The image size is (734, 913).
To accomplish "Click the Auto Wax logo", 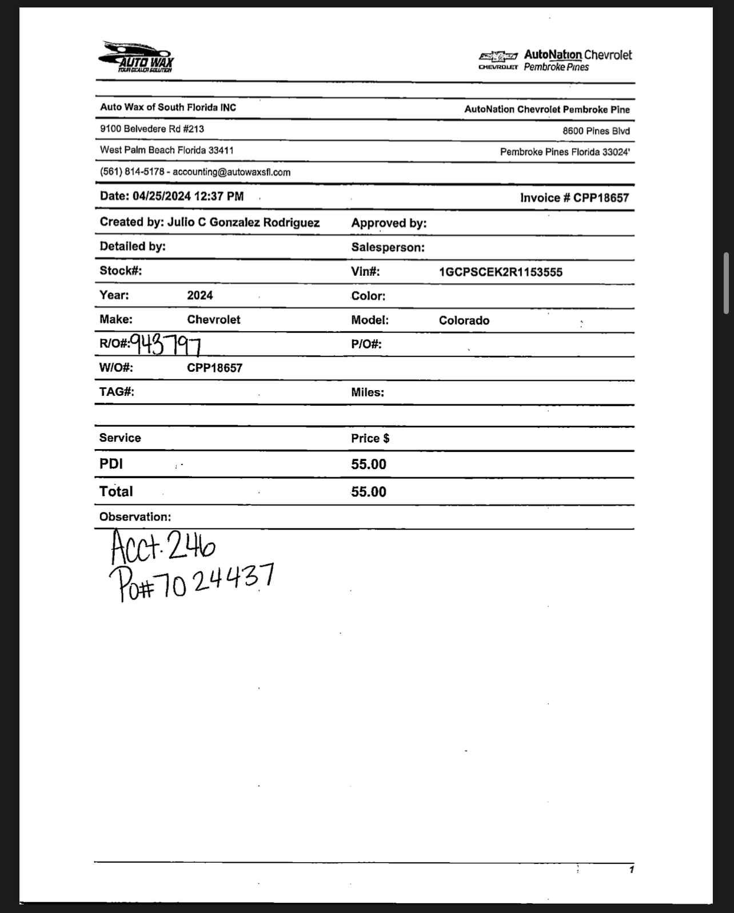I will click(x=137, y=57).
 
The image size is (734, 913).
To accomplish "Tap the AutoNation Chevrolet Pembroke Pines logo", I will click(x=555, y=60).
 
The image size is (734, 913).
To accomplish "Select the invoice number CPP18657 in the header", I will click(x=601, y=198).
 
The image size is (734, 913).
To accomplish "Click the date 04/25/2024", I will click(x=162, y=196).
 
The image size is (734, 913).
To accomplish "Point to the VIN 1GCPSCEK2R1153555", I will click(x=500, y=272).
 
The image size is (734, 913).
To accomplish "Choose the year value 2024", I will click(x=200, y=296).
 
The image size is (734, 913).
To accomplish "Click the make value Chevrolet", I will click(x=213, y=320).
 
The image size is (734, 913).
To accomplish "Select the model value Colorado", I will click(x=464, y=321).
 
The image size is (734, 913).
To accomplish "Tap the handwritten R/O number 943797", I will click(x=166, y=344).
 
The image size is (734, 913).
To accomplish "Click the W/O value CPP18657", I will click(x=214, y=368).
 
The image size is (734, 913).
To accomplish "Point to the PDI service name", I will click(x=111, y=464).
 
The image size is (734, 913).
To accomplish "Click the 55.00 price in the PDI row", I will click(x=369, y=465).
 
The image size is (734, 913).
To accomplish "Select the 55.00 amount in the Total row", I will click(x=369, y=492).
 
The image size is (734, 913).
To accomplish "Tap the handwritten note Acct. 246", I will click(x=162, y=547).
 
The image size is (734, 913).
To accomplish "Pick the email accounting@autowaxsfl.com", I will click(x=232, y=172).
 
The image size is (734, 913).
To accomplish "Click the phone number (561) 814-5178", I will click(x=132, y=172).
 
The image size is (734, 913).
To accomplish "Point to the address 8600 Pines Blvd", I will click(x=596, y=131).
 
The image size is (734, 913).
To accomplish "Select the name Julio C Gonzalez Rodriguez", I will click(x=243, y=223).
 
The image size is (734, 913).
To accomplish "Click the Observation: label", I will click(x=135, y=517).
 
